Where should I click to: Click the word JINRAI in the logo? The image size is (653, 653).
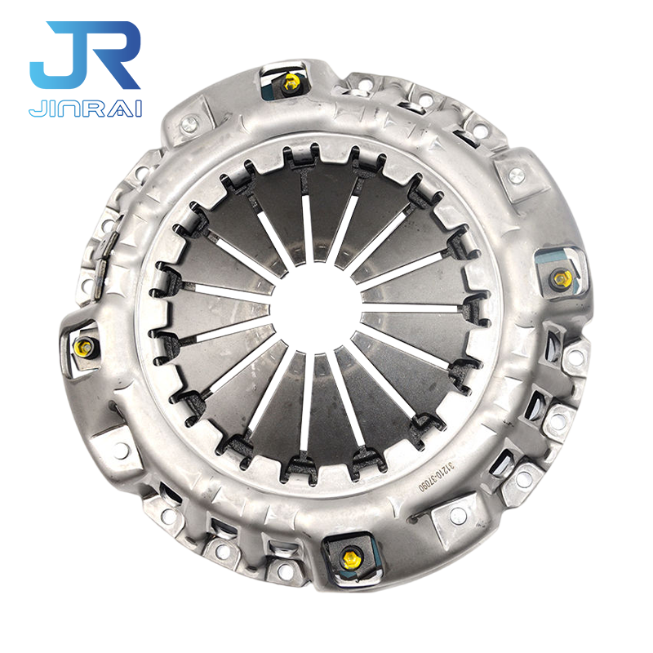(x=85, y=108)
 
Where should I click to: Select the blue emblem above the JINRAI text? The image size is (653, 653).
(x=86, y=61)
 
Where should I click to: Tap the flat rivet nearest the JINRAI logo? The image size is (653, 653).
(x=190, y=124)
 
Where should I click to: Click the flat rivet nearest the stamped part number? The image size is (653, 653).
(x=458, y=515)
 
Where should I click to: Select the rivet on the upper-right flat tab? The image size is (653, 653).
(x=515, y=175)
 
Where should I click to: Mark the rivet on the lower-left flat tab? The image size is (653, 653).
(x=122, y=449)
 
